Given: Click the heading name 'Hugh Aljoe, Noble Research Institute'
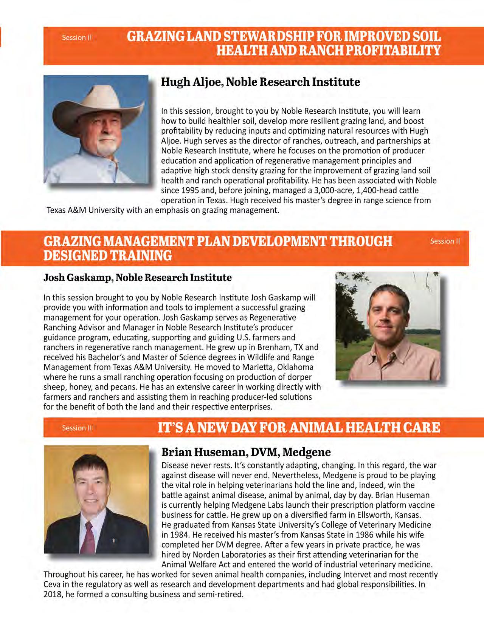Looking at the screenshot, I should pos(261,82).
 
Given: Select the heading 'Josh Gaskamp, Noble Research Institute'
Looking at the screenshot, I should pos(138,278).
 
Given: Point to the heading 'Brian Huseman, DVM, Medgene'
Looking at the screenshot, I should pos(246,452).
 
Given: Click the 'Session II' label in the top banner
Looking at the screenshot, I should pos(77,37).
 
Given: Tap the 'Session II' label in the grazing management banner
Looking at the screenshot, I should pos(445,241).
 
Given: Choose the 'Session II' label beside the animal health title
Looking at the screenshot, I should pos(77,428).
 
